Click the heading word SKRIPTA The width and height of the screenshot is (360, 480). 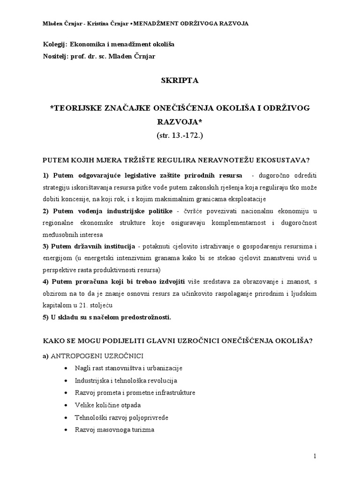180,81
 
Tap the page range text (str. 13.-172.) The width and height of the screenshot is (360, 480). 180,135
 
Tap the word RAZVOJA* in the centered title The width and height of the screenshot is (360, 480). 180,122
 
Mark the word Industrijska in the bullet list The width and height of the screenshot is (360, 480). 92,381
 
